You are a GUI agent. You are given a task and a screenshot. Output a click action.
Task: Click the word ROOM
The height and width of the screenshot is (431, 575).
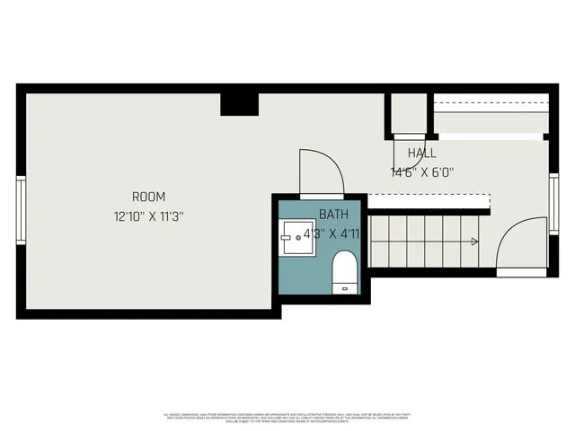click(x=148, y=197)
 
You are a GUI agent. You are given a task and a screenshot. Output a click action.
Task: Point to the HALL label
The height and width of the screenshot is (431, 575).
click(x=421, y=153)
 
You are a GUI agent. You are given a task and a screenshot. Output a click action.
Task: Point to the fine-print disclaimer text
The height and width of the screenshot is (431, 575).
click(x=287, y=418)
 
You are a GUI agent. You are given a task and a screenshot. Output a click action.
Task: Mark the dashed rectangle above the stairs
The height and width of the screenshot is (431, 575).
click(x=429, y=202)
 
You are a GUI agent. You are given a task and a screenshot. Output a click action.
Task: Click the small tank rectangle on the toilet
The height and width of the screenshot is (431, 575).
click(x=345, y=288)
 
